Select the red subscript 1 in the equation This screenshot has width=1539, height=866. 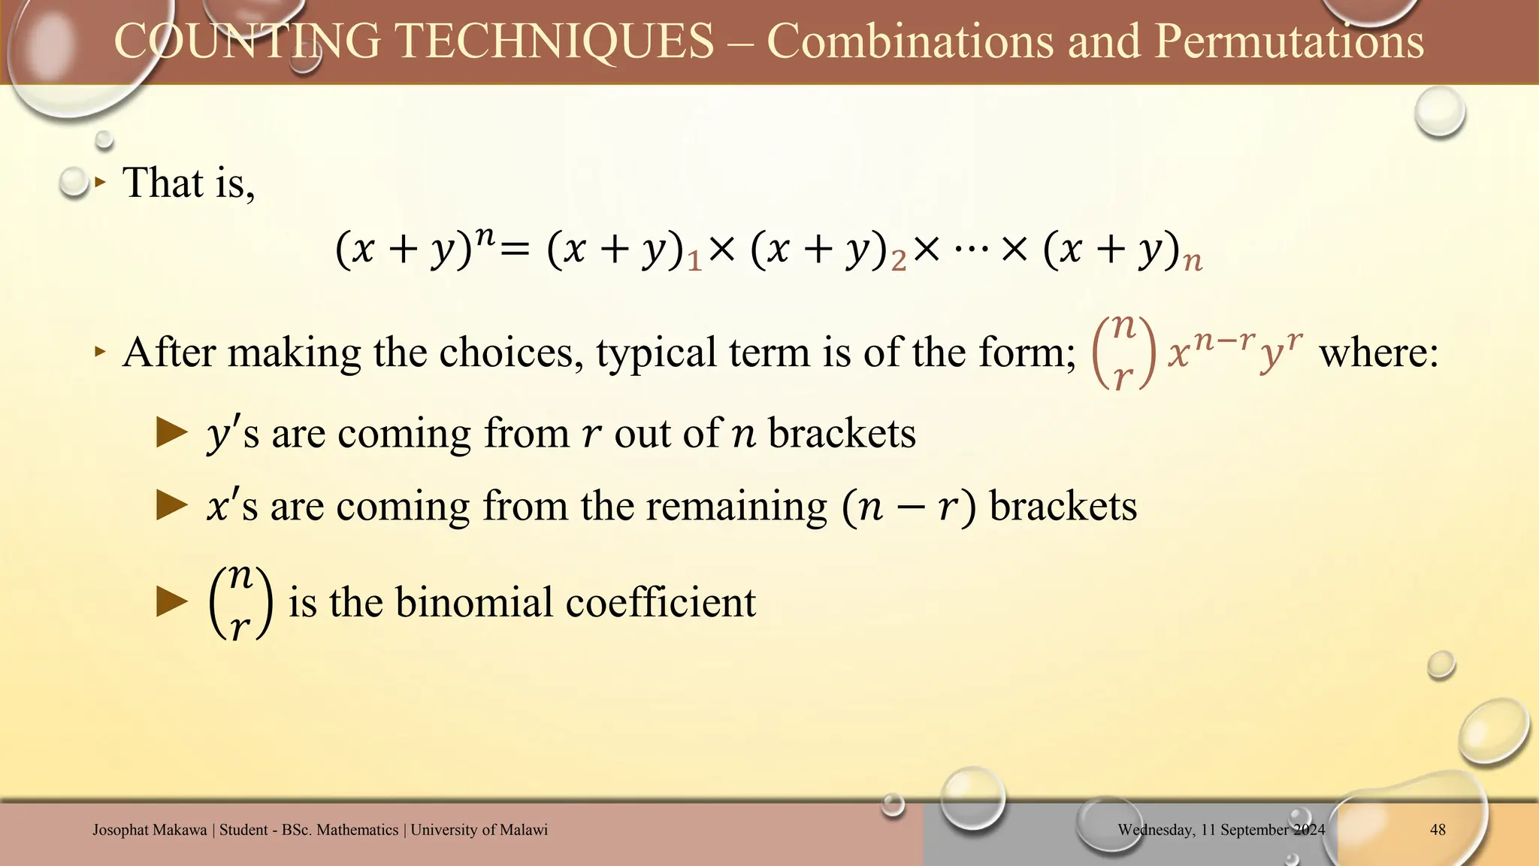pyautogui.click(x=695, y=262)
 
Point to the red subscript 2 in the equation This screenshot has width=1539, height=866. pyautogui.click(x=899, y=262)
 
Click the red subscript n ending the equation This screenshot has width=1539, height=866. pyautogui.click(x=1193, y=262)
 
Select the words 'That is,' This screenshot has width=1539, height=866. pyautogui.click(x=189, y=183)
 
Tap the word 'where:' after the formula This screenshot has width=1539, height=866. pyautogui.click(x=1378, y=352)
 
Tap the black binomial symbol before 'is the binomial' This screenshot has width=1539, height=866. pyautogui.click(x=240, y=602)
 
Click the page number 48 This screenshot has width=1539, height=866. pyautogui.click(x=1438, y=830)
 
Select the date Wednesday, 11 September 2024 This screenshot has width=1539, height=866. pyautogui.click(x=1221, y=830)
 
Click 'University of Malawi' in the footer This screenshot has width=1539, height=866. pyautogui.click(x=479, y=830)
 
